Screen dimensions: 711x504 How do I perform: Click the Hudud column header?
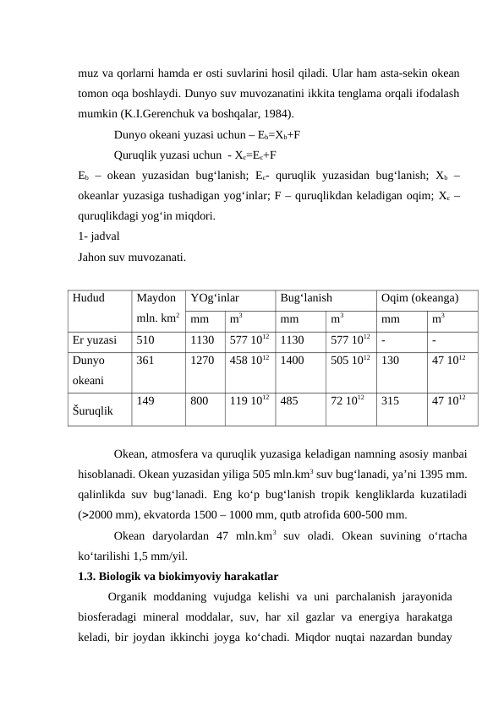87,298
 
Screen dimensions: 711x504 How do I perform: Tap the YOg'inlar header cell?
215,298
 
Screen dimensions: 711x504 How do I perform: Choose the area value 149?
145,402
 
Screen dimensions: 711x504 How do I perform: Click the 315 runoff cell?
391,402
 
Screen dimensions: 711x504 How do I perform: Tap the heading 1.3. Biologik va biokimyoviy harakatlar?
178,577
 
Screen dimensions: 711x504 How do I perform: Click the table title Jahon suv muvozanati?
132,256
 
